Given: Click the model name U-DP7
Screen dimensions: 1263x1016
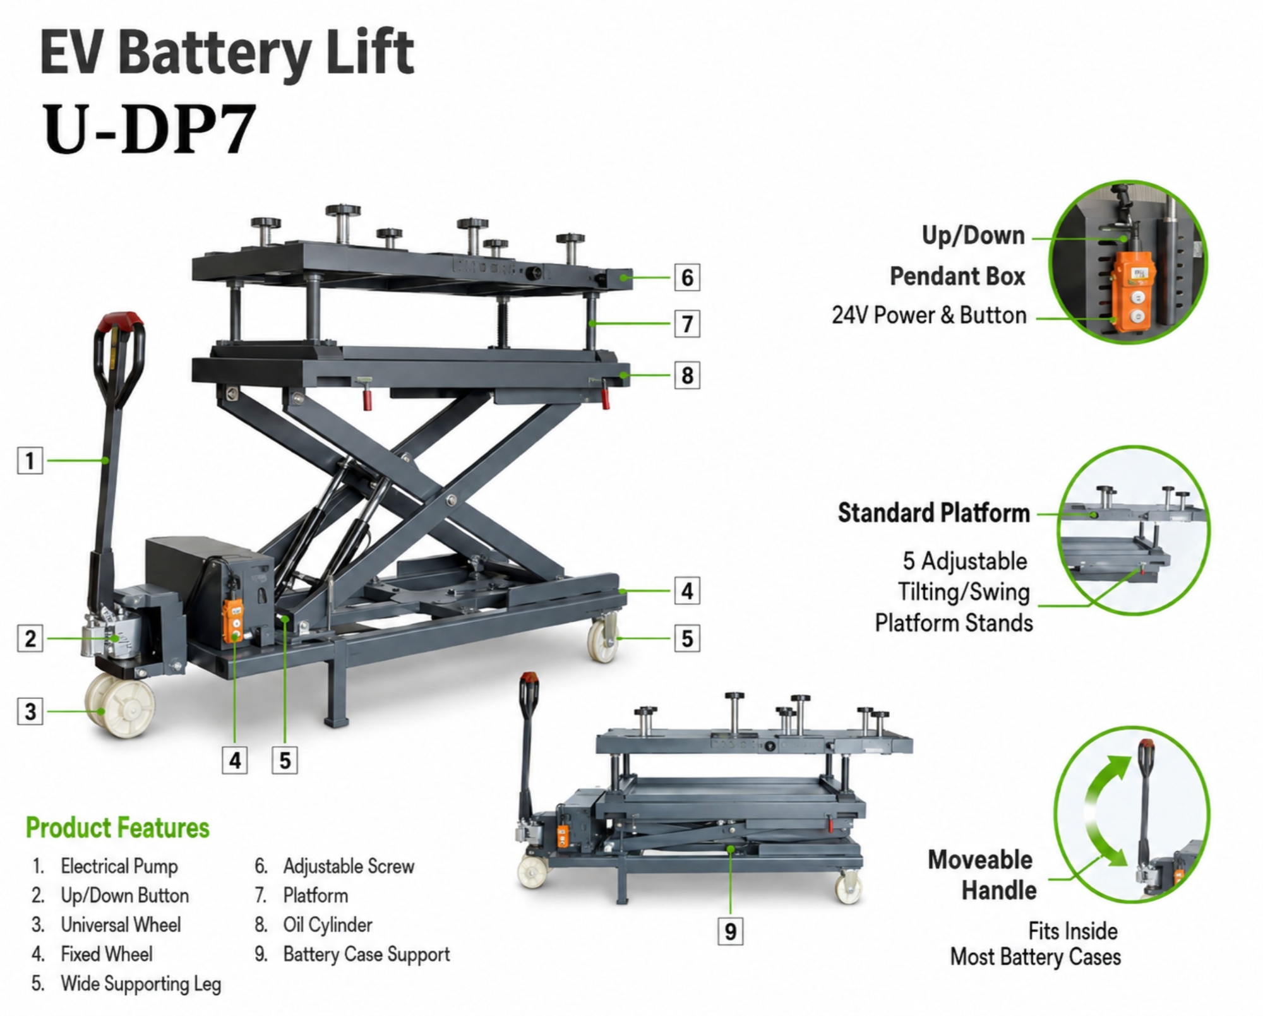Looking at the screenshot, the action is point(149,129).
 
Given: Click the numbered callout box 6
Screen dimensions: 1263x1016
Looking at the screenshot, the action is point(687,277).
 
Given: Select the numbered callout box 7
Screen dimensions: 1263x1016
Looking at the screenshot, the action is point(687,324).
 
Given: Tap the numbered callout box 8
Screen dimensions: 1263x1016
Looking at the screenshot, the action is point(687,375).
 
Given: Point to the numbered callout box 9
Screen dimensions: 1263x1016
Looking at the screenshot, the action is point(730,931).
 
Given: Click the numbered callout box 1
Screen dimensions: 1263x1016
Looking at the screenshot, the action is point(30,460).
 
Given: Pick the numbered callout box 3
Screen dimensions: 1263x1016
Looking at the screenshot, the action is point(30,712).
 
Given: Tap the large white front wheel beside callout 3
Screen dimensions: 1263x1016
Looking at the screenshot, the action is point(121,705).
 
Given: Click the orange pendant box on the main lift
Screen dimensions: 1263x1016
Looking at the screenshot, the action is point(233,620).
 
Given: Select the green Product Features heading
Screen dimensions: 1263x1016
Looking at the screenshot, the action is point(117,828).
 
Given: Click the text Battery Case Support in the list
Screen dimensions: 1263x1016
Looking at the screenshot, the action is point(366,954).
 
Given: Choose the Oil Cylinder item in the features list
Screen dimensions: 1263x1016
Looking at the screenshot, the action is point(327,925).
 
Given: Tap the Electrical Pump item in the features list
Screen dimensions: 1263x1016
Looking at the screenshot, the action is point(119,866).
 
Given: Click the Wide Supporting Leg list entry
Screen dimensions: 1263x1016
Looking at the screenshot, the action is point(141,984).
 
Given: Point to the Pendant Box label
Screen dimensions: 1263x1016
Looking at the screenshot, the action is point(957,277).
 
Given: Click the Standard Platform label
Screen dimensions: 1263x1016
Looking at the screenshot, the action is point(933,513).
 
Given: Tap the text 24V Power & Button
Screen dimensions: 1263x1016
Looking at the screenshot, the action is point(928,315).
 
